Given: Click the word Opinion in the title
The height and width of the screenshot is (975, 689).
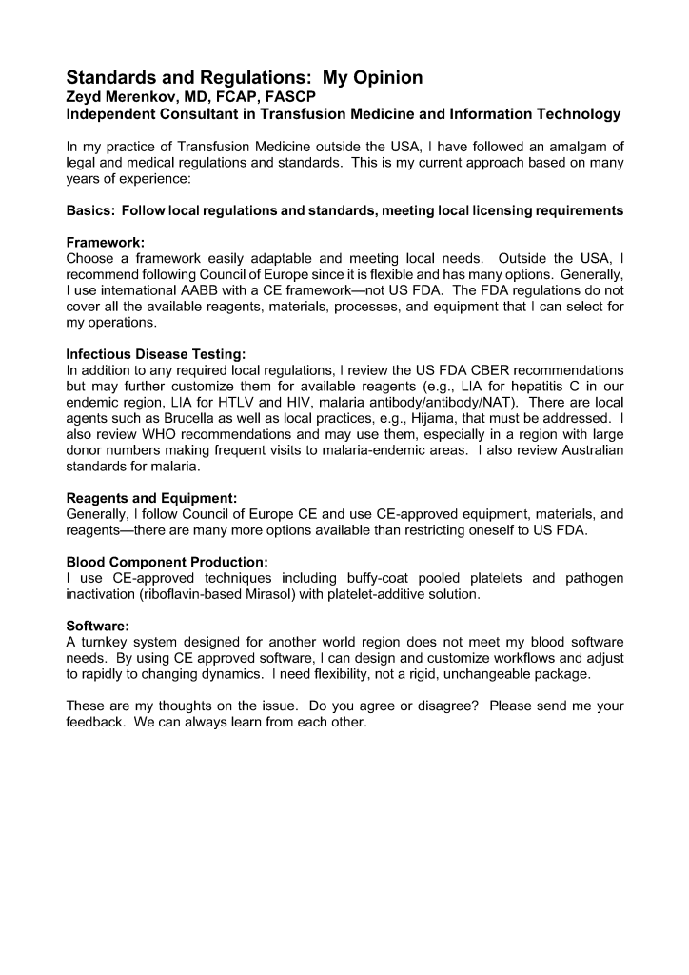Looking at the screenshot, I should click(373, 78).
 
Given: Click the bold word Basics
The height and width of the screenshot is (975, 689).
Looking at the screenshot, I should click(90, 209).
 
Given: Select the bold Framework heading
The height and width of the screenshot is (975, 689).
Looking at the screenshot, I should click(105, 243).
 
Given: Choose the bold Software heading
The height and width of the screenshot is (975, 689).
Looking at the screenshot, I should click(97, 627).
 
